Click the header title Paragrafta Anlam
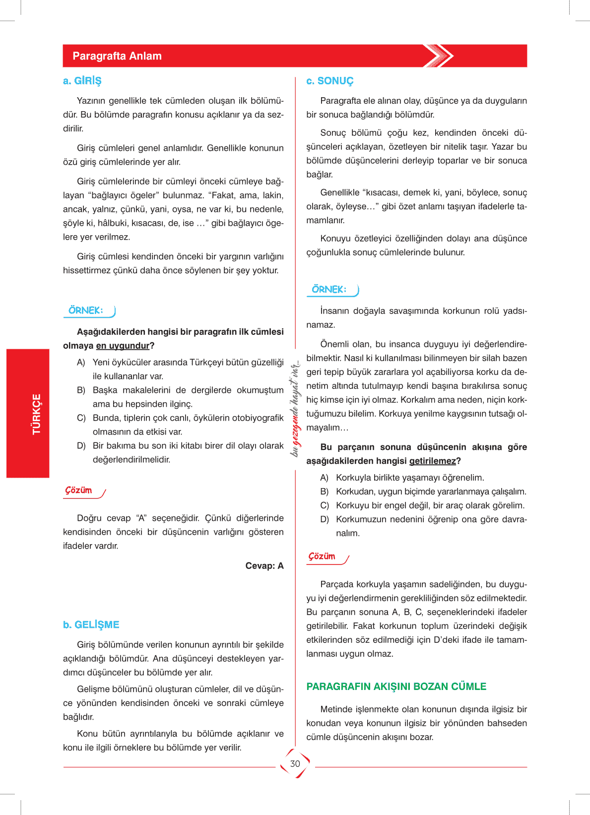pyautogui.click(x=117, y=56)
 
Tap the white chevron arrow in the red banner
pyautogui.click(x=439, y=56)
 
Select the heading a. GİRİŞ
pyautogui.click(x=82, y=81)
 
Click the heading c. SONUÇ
pyautogui.click(x=330, y=81)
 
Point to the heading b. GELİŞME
pyautogui.click(x=91, y=625)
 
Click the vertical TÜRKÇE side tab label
pyautogui.click(x=36, y=414)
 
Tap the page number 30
pyautogui.click(x=295, y=763)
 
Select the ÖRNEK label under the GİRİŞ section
pyautogui.click(x=86, y=311)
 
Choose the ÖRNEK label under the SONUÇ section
pyautogui.click(x=329, y=290)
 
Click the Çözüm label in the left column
pyautogui.click(x=79, y=491)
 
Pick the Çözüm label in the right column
pyautogui.click(x=322, y=557)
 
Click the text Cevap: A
pyautogui.click(x=264, y=566)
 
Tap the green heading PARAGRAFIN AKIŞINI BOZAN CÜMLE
pyautogui.click(x=396, y=687)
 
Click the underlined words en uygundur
pyautogui.click(x=123, y=346)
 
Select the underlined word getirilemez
pyautogui.click(x=432, y=461)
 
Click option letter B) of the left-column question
pyautogui.click(x=81, y=390)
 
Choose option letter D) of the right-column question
pyautogui.click(x=325, y=519)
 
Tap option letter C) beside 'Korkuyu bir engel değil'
pyautogui.click(x=325, y=505)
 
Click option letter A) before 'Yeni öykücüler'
pyautogui.click(x=81, y=363)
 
